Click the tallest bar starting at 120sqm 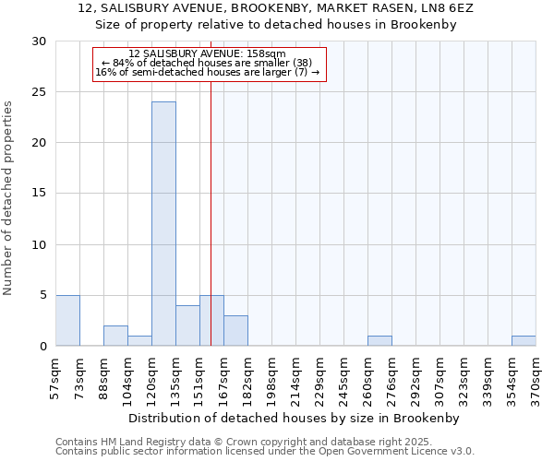click(163, 224)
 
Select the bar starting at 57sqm click(67, 321)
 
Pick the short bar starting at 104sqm click(139, 341)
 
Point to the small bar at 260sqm click(379, 341)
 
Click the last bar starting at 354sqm click(524, 341)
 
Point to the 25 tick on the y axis click(39, 92)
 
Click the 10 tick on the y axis click(39, 244)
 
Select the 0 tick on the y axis click(42, 347)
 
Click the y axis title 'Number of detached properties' click(8, 198)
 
